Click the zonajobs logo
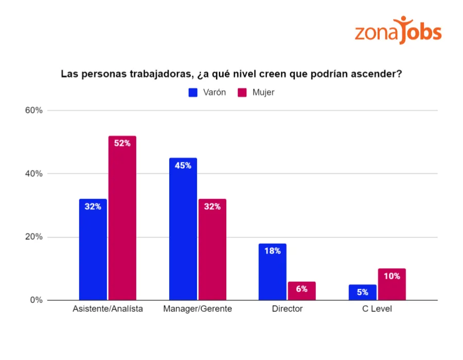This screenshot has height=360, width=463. point(398,30)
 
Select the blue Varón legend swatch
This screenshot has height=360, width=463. point(193,93)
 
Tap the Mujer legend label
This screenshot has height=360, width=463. point(263,93)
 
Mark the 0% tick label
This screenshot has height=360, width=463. point(35,300)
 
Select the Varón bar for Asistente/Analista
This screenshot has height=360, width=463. point(93,249)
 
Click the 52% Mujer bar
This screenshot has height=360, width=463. point(122,218)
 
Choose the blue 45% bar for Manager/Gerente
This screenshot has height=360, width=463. point(183,229)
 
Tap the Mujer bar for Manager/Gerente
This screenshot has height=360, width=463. point(212,249)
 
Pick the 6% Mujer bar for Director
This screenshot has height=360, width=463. point(301,291)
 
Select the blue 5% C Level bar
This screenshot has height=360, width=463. point(362,292)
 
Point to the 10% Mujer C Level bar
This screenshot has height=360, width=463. point(391,284)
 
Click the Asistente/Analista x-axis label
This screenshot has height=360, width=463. point(108,309)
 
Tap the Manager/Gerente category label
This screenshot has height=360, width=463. point(198,309)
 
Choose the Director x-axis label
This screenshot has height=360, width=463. point(287,309)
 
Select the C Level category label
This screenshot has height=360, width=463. point(377,309)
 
